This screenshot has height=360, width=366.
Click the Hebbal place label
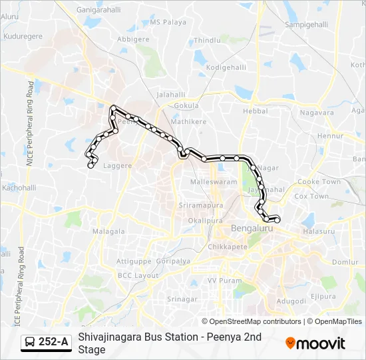(254, 111)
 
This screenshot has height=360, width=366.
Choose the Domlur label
(345, 262)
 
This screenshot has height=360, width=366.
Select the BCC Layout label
(138, 275)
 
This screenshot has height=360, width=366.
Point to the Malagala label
(108, 231)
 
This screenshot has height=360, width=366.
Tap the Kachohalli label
(19, 188)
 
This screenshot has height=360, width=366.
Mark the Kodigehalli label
(226, 67)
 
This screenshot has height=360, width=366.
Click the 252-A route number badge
(46, 343)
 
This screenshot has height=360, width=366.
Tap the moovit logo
(315, 343)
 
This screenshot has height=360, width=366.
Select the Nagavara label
(317, 113)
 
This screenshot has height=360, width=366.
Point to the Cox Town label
(311, 197)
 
